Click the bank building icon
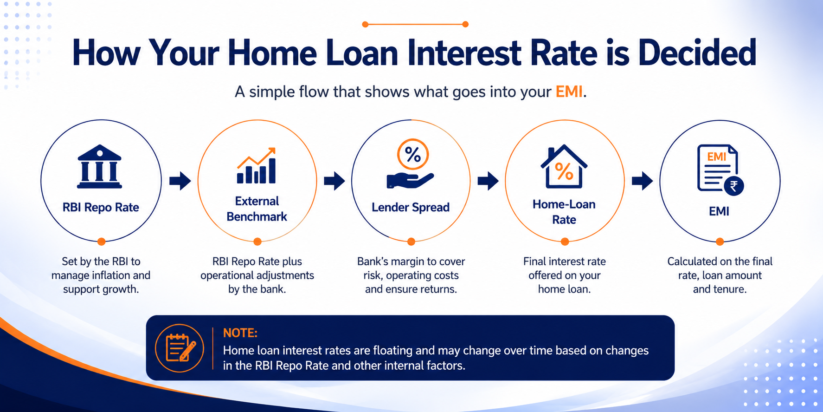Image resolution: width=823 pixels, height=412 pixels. (99, 167)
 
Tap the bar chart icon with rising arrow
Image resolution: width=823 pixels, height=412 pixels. (257, 165)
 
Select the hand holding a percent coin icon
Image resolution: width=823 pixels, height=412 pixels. (411, 163)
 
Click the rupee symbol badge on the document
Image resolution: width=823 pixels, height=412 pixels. (734, 186)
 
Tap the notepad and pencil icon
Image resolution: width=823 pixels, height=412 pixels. (180, 348)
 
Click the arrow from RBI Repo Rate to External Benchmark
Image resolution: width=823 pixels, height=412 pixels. (180, 181)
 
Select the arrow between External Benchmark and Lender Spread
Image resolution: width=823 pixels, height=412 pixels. (334, 181)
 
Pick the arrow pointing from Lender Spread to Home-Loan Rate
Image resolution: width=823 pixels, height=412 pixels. (488, 181)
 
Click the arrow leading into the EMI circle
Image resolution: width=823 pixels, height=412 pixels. (642, 181)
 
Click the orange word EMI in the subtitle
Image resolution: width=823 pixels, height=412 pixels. (569, 92)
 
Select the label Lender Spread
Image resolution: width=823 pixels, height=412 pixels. (411, 207)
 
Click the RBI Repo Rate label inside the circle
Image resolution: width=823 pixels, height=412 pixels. (101, 207)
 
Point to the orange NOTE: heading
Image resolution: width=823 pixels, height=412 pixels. (240, 333)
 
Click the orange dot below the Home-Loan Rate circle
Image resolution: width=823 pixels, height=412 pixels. (565, 242)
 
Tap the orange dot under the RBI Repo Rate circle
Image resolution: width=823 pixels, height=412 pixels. (101, 242)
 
